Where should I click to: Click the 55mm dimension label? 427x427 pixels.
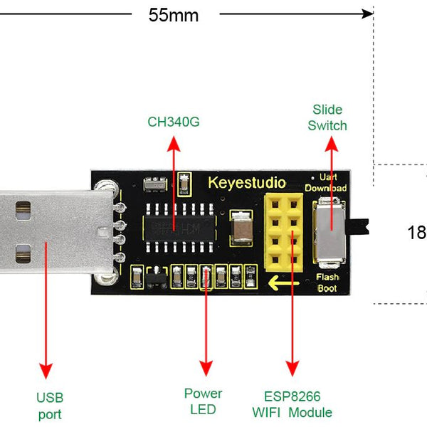point(174,15)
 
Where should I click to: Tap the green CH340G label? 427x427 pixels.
point(174,122)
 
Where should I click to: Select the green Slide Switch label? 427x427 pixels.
point(327,117)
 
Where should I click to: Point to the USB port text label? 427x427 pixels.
point(50,406)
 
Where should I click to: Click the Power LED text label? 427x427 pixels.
point(203,401)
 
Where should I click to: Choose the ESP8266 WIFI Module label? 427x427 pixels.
point(292,404)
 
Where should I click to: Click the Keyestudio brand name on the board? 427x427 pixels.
point(247,183)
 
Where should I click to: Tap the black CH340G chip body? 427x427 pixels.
point(179,228)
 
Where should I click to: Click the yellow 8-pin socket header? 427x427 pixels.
point(284,232)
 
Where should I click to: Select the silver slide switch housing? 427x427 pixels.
point(329,232)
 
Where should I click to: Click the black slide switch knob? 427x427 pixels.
point(357,226)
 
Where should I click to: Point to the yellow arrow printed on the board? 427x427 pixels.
point(283,283)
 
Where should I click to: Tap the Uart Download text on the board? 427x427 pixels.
point(326,183)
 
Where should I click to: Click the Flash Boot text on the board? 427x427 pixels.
point(327,283)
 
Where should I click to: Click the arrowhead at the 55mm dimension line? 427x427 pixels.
point(367,14)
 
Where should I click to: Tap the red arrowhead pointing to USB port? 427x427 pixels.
point(46,371)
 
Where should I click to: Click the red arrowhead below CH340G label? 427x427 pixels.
point(174,144)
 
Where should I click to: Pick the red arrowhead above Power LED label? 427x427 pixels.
point(206,368)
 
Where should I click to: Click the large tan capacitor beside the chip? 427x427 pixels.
point(241,228)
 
